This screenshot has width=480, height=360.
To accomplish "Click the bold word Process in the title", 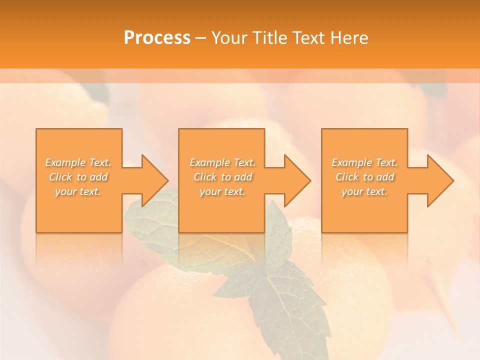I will pos(157,38).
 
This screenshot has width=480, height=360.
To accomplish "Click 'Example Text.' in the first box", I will pos(78,162).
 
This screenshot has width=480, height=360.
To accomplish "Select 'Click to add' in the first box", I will pos(78,177).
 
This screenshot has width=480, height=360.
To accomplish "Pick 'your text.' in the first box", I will pos(78,191).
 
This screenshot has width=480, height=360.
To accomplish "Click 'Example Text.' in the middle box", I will pos(222,162).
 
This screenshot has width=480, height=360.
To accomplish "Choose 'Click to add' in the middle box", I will pos(222,177).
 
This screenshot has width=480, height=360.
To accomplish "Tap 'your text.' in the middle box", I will pos(222,191).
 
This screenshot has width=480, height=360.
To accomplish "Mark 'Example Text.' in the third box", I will pos(364,162).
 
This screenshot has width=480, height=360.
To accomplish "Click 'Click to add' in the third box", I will pos(364,177).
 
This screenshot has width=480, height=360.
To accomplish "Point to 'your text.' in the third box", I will pos(364,191).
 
